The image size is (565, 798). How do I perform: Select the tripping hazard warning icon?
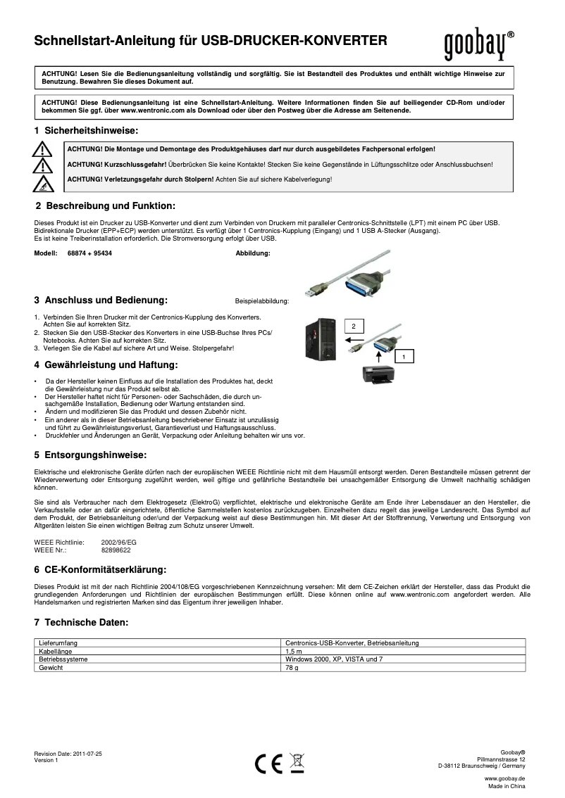coord(44,184)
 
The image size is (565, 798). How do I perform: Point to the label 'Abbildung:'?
coord(252,253)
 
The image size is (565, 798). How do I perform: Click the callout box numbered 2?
coord(354,326)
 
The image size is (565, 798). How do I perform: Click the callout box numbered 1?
coord(404,357)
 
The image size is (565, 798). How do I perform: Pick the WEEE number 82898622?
coord(116,550)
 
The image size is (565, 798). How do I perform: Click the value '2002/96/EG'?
coord(119,543)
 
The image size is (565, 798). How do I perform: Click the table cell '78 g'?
coord(292,668)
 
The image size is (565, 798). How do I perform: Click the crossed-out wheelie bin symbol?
coord(297,762)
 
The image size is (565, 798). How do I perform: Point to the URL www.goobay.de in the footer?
coord(504,780)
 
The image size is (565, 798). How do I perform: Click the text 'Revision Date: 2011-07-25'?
coord(68,754)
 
